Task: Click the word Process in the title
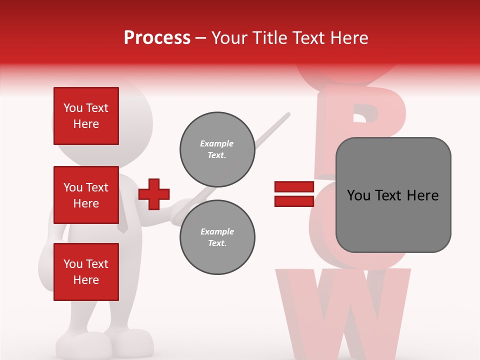157,38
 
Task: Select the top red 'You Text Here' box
86,116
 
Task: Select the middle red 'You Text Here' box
86,195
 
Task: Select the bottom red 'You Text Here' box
86,272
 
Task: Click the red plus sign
154,194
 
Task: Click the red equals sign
294,194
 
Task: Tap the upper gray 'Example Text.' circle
217,149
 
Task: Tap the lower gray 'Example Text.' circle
217,237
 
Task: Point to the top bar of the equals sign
294,186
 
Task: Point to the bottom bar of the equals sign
294,201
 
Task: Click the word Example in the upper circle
217,143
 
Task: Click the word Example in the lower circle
217,231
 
